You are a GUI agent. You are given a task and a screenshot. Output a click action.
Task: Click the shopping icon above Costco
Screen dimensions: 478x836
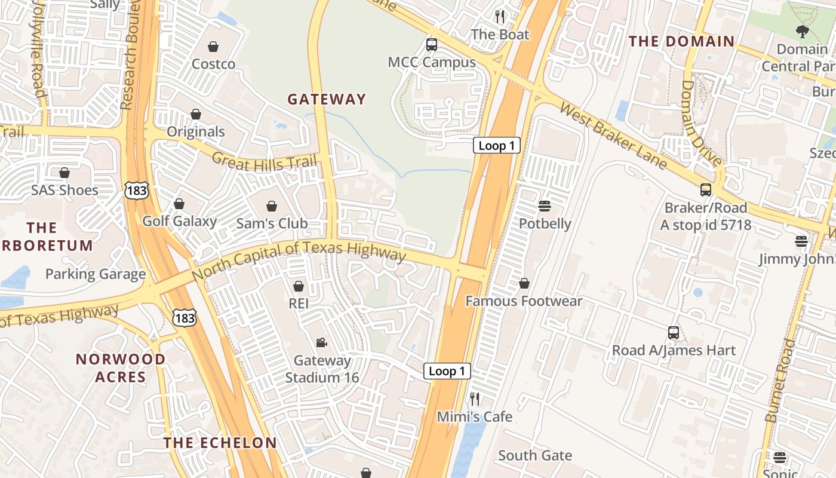[x=213, y=47]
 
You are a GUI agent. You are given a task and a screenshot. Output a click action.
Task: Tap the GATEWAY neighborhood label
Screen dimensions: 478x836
[x=326, y=99]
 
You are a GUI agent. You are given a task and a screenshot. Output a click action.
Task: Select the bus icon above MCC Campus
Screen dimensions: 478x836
[x=431, y=45]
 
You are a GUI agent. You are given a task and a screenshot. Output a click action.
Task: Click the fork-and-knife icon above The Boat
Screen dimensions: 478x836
[x=500, y=16]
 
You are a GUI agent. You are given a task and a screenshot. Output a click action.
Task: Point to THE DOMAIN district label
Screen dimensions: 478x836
[x=681, y=41]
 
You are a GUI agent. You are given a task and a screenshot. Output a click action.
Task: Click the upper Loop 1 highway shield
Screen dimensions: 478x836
[x=496, y=145]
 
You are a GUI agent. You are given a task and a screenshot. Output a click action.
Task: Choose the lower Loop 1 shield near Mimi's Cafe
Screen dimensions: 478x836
[x=447, y=371]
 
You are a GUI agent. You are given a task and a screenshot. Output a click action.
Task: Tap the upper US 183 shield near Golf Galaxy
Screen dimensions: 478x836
[x=136, y=191]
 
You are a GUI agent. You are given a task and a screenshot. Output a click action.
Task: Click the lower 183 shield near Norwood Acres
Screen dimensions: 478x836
[x=185, y=318]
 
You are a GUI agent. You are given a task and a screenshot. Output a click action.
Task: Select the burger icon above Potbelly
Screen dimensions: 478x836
[x=544, y=206]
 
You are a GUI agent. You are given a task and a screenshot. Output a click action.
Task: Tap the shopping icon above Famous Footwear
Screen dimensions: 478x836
[x=524, y=283]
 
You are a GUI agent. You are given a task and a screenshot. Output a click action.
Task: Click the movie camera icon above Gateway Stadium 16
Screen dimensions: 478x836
[x=321, y=343]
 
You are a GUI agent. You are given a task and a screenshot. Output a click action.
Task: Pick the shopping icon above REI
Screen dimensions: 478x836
[x=299, y=286]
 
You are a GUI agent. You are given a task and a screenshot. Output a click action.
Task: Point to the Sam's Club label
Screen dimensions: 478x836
[x=272, y=223]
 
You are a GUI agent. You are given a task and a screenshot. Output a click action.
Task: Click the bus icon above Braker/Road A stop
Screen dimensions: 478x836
[x=706, y=190]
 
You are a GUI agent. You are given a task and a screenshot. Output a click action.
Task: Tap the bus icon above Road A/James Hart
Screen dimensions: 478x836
[x=674, y=333]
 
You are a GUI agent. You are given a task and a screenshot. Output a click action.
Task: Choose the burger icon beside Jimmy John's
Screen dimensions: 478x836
[x=801, y=241]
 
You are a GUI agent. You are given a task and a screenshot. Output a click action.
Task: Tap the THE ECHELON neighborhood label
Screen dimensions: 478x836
[x=220, y=443]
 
